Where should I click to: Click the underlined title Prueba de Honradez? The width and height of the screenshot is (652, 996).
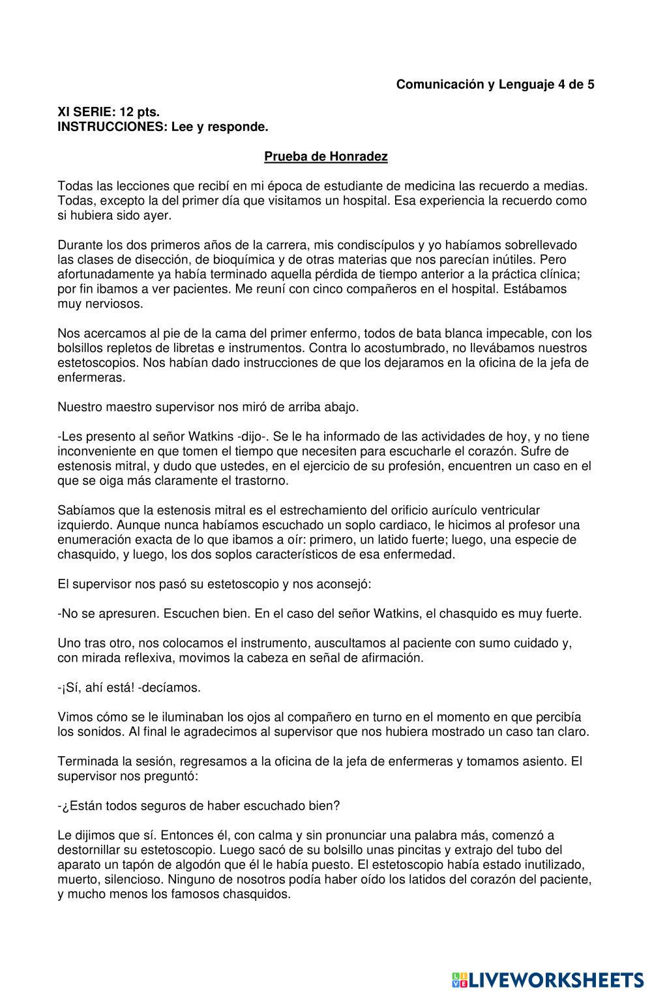tap(326, 156)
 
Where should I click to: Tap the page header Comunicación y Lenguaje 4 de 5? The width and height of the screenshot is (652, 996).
tap(495, 84)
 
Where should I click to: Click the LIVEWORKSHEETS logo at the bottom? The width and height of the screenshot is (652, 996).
tap(548, 979)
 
